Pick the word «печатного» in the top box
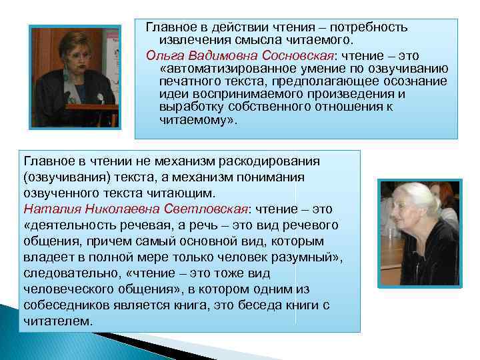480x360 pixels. (x=189, y=81)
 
